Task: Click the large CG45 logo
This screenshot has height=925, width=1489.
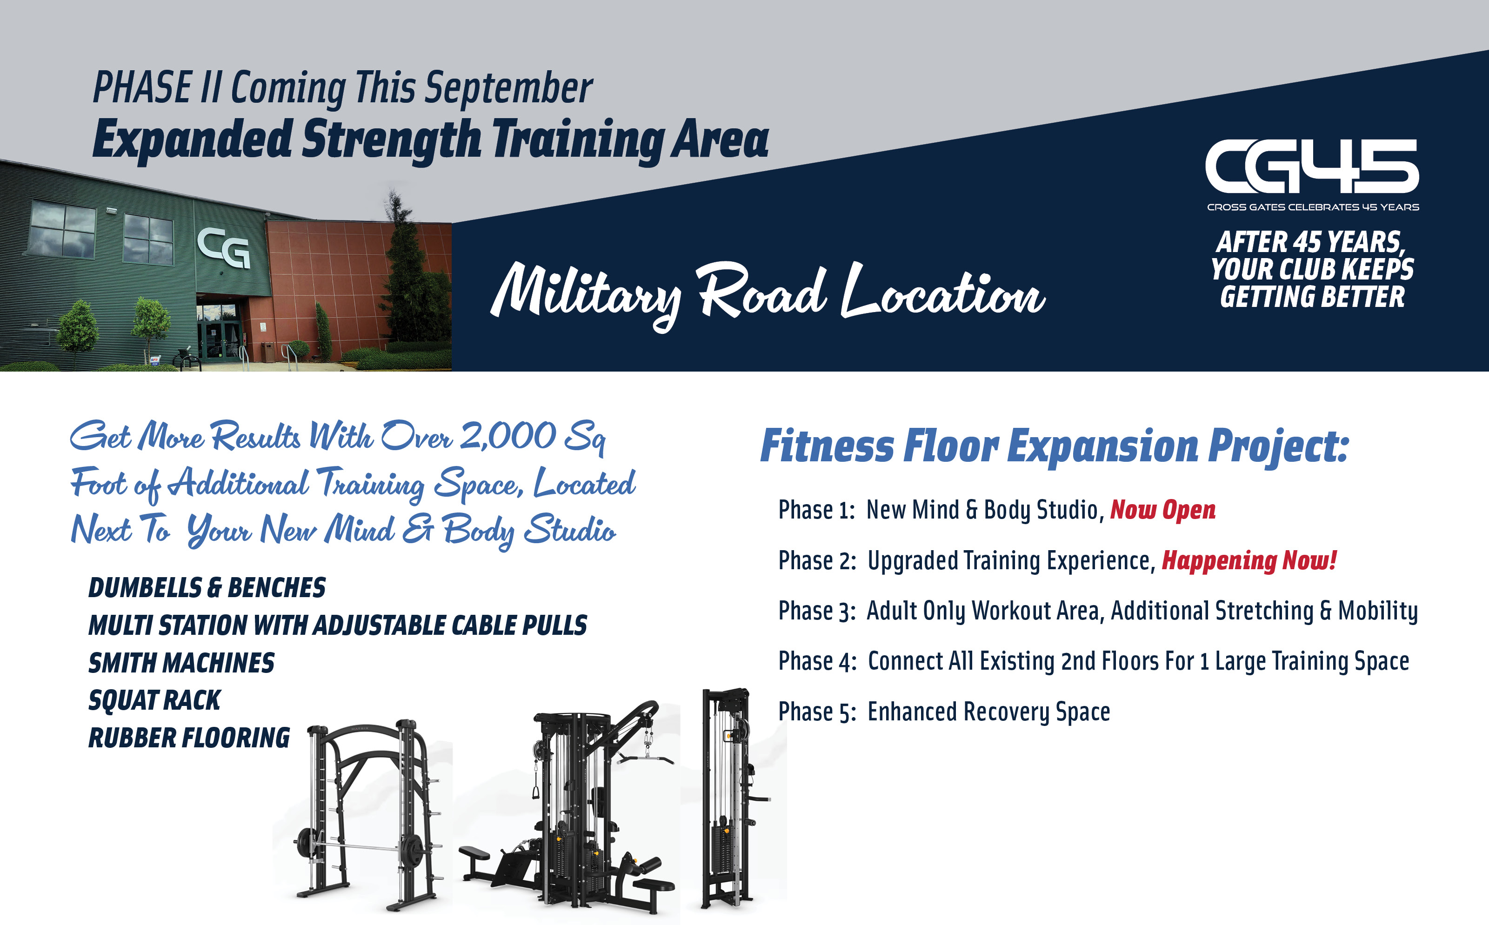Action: [x=1312, y=166]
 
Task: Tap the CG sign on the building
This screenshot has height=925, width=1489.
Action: [x=224, y=248]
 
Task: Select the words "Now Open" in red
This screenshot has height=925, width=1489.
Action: [x=1162, y=510]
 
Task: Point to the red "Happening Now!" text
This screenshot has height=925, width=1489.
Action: [x=1249, y=560]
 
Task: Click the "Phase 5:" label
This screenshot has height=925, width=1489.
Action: [x=817, y=712]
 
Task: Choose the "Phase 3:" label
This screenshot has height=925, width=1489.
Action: [x=817, y=611]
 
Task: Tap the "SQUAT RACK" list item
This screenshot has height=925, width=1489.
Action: [x=154, y=700]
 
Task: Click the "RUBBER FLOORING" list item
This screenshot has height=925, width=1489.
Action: [x=189, y=738]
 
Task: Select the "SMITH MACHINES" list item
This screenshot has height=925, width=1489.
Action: [x=182, y=663]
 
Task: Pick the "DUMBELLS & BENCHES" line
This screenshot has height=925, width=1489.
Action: [x=207, y=588]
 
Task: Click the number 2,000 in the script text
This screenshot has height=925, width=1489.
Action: [x=508, y=436]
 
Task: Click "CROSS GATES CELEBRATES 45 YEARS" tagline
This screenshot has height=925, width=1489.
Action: [x=1313, y=207]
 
